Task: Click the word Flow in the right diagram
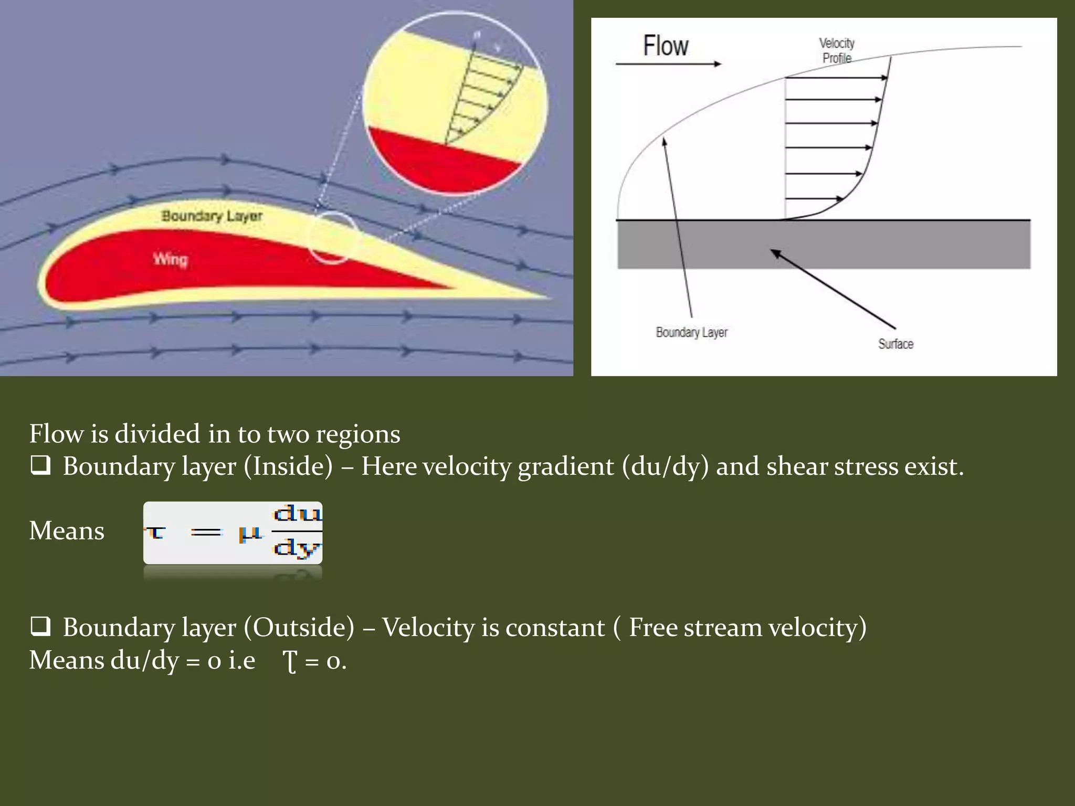[x=666, y=46]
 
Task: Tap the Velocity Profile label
[x=837, y=50]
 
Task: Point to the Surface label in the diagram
[x=895, y=344]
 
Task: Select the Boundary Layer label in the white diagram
[x=691, y=332]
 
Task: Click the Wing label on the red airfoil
[x=170, y=259]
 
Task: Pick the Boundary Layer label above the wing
[x=212, y=216]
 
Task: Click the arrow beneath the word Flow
[x=668, y=64]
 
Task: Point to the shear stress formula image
[x=233, y=533]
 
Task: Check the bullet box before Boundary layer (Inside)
[x=40, y=465]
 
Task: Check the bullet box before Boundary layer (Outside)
[x=40, y=627]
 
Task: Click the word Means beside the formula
[x=67, y=531]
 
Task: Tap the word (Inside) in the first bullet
[x=288, y=466]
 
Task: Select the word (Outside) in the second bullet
[x=299, y=627]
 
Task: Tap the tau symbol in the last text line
[x=290, y=661]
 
